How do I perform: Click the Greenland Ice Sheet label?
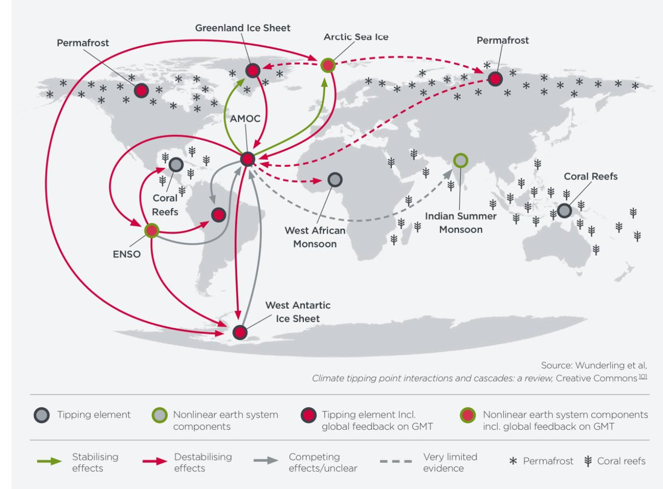(243, 28)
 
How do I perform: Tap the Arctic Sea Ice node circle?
(328, 65)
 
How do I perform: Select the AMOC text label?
(245, 119)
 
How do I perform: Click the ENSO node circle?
(152, 230)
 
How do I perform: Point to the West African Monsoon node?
(335, 180)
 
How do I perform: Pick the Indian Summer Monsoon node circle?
(461, 160)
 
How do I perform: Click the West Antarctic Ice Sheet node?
(240, 333)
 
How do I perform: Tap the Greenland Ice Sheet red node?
(253, 71)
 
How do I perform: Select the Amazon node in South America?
(219, 214)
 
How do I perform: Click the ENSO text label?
(127, 254)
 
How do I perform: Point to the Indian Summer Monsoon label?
(461, 223)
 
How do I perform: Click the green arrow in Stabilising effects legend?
(49, 461)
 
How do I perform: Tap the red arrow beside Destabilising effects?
(155, 461)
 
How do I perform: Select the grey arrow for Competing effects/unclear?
(266, 460)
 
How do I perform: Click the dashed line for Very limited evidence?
(396, 461)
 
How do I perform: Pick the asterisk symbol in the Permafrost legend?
(513, 461)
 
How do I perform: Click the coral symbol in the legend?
(588, 461)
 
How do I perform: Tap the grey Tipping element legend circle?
(42, 415)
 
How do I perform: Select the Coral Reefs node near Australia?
(564, 211)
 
